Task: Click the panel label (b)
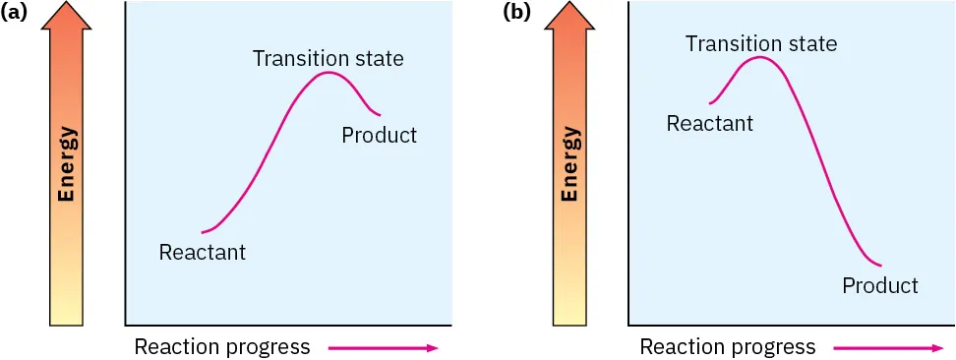coord(516,13)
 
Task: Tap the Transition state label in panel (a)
coord(328,58)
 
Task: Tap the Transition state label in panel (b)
coord(761,43)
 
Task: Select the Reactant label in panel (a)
coord(202,252)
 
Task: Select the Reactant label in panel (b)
coord(709,123)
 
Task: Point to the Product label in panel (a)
coord(379,135)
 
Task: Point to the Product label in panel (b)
coord(879,285)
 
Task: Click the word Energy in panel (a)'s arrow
coord(67,163)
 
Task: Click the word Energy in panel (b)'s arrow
coord(569,163)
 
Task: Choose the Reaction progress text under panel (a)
coord(221,346)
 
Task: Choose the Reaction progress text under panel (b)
coord(727,346)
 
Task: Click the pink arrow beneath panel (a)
coord(383,346)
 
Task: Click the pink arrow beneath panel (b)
coord(887,346)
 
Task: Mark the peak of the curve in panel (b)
coord(759,57)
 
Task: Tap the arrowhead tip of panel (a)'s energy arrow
coord(67,4)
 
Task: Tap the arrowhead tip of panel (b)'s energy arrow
coord(569,4)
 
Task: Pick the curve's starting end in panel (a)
coord(202,232)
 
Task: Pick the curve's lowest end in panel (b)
coord(880,265)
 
